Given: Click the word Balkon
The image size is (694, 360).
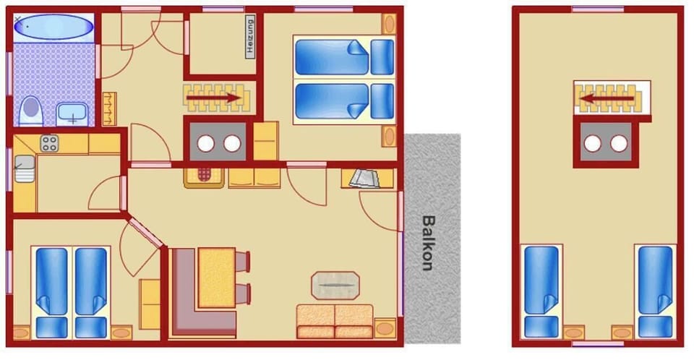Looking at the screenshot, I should coord(429,242).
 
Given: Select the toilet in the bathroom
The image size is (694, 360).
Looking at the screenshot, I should coord(30,111).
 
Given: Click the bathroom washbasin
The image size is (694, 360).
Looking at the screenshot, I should coord(72,113).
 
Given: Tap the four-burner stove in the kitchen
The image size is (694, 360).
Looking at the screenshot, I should coord(49,143).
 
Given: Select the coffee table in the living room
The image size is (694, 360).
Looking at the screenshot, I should coord(335,284).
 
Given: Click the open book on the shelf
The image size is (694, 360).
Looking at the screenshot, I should coord(364,178).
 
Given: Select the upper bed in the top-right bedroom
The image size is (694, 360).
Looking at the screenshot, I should coord(344,57).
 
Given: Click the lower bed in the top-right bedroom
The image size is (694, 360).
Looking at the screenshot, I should coord(344,100).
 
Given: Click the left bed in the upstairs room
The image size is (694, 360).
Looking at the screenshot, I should coord(541,291).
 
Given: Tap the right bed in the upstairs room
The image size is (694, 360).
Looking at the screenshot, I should coord(655,291).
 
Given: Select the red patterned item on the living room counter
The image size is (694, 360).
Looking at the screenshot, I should coord(204,176).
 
